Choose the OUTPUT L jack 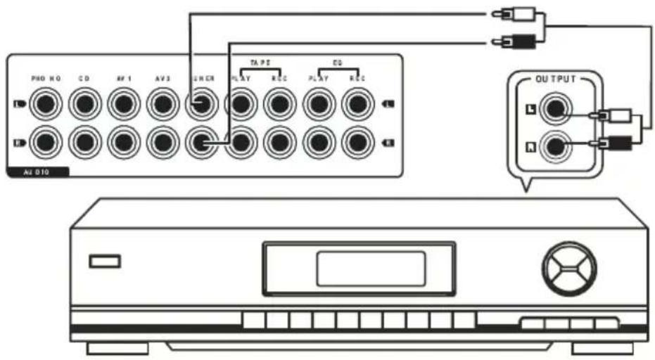[555, 110]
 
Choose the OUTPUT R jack [555, 146]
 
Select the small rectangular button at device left [105, 261]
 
